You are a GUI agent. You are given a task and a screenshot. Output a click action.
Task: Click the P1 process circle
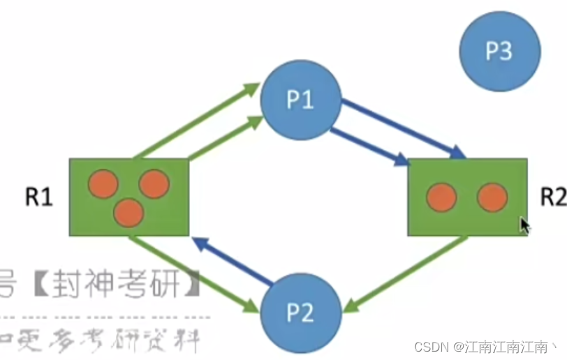pyautogui.click(x=300, y=100)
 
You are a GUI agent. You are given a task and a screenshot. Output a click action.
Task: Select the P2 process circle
pyautogui.click(x=300, y=314)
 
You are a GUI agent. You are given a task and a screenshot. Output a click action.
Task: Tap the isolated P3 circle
pyautogui.click(x=500, y=50)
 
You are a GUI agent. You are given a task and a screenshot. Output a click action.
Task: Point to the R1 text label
pyautogui.click(x=39, y=197)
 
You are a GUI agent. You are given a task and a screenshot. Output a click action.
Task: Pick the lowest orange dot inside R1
pyautogui.click(x=128, y=212)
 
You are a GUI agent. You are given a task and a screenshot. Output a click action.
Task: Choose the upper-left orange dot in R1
pyautogui.click(x=103, y=183)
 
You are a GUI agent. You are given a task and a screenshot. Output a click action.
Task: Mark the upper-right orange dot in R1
pyautogui.click(x=154, y=183)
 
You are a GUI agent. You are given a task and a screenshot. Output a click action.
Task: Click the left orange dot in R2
pyautogui.click(x=441, y=197)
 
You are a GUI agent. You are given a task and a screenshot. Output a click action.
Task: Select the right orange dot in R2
pyautogui.click(x=492, y=197)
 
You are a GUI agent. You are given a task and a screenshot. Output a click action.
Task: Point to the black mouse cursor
pyautogui.click(x=524, y=226)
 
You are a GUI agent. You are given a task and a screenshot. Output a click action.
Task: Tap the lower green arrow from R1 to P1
pyautogui.click(x=226, y=138)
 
